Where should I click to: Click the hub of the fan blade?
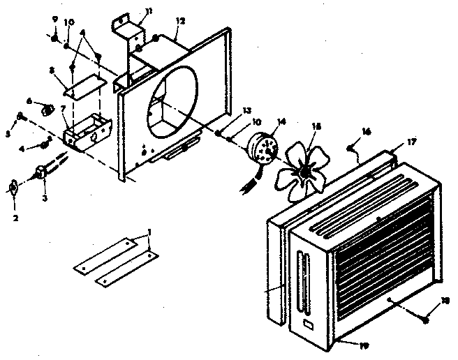(304, 170)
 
